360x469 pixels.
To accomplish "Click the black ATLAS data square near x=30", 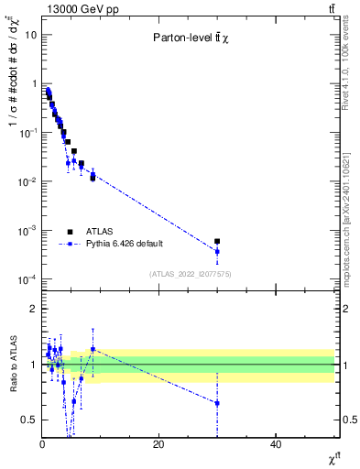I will tap(217, 242).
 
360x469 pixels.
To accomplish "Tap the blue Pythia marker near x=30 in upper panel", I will tap(217, 251).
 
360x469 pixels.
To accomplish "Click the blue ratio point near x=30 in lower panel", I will tap(217, 403).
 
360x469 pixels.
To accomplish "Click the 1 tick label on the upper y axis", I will tap(34, 83).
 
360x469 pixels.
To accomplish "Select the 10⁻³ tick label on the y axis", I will tap(27, 230).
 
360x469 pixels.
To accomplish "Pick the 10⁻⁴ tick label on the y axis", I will tap(27, 279).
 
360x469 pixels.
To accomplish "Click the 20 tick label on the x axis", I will tap(158, 444).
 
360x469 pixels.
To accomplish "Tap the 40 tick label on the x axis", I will tap(276, 444).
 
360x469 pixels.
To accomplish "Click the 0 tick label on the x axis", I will tap(42, 444).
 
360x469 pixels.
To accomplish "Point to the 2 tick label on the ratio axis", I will tap(34, 309).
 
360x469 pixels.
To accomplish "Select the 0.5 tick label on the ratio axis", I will tap(29, 420).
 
